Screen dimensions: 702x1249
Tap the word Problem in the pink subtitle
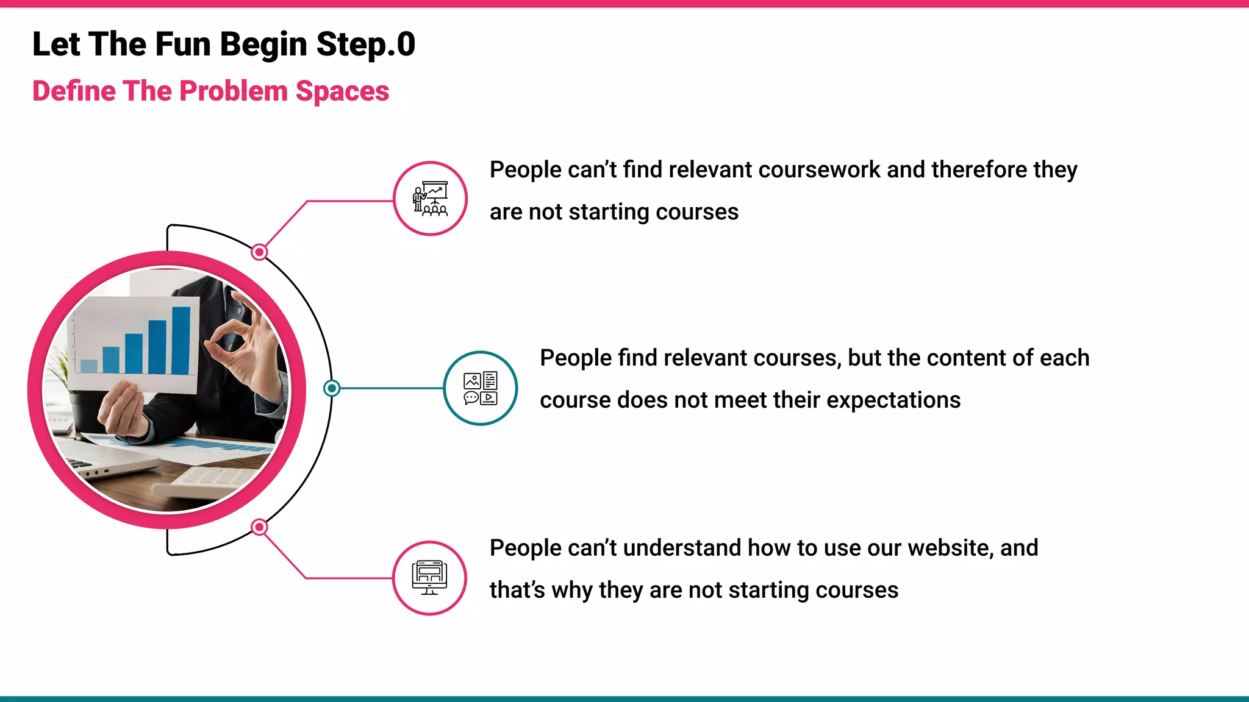pyautogui.click(x=234, y=91)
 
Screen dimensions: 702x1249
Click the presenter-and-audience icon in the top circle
pyautogui.click(x=430, y=199)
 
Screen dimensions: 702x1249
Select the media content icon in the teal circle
pyautogui.click(x=481, y=388)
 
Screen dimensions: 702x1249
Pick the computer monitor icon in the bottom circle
pyautogui.click(x=429, y=578)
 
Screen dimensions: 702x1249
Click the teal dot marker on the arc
pyautogui.click(x=332, y=388)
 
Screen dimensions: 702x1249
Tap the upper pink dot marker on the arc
pyautogui.click(x=259, y=252)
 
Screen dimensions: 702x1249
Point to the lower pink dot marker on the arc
pyautogui.click(x=259, y=526)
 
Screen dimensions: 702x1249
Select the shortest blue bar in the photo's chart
pyautogui.click(x=89, y=366)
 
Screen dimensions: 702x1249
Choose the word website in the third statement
pyautogui.click(x=950, y=548)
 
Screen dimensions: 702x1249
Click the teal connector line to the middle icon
pyautogui.click(x=390, y=388)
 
